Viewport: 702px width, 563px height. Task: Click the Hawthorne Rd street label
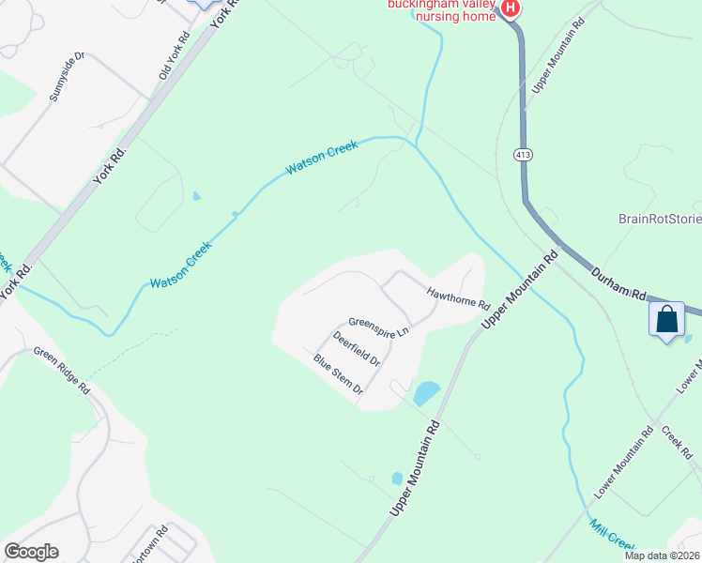tap(459, 298)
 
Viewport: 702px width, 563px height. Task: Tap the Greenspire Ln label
tap(378, 326)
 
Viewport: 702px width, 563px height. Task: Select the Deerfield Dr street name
tap(357, 348)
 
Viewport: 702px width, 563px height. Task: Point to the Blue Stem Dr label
tap(338, 373)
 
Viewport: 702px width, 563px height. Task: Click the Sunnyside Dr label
tap(67, 77)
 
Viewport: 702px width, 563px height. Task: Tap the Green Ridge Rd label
tap(61, 370)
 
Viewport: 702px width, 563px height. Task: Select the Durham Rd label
tap(619, 282)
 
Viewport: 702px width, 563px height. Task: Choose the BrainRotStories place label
tap(660, 220)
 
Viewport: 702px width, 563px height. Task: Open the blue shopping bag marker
tap(666, 320)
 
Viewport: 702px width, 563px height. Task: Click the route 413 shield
tap(524, 153)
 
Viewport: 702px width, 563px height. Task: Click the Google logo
tap(32, 552)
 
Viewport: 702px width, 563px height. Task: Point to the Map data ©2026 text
tap(661, 555)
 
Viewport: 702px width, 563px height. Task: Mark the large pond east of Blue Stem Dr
tap(426, 392)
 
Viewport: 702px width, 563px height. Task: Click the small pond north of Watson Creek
tap(196, 196)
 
